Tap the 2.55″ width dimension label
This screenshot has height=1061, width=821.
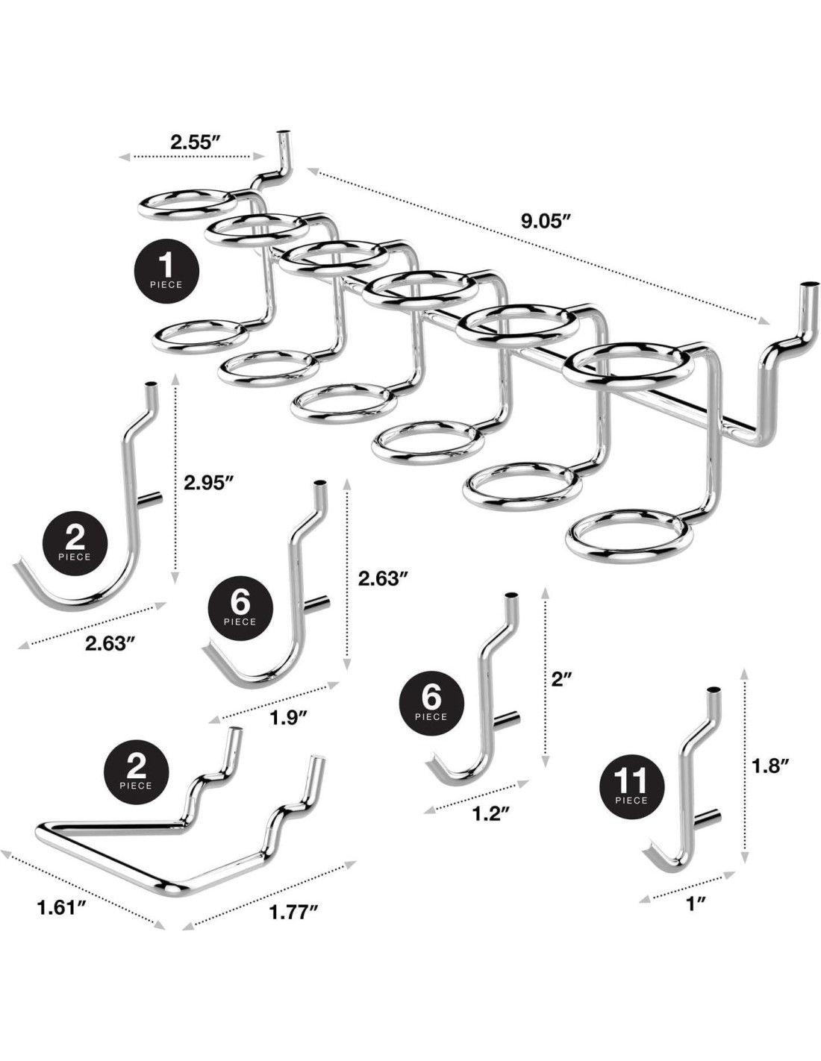click(x=194, y=142)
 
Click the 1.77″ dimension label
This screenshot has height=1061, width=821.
click(x=293, y=911)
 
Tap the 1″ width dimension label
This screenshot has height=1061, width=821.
click(x=696, y=904)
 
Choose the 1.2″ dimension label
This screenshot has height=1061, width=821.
click(x=491, y=813)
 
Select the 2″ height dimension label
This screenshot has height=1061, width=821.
click(x=561, y=678)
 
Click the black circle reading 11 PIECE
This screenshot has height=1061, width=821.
click(x=631, y=788)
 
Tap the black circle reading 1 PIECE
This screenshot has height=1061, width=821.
click(x=166, y=271)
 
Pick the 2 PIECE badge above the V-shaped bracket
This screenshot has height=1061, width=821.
click(x=135, y=771)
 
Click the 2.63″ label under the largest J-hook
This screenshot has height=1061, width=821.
click(x=109, y=643)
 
